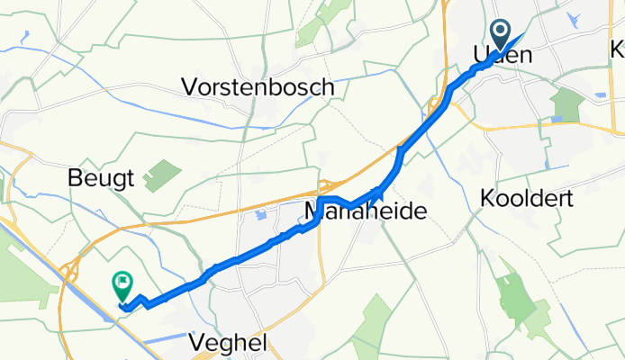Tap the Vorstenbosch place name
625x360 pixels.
[x=258, y=87]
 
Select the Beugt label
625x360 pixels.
[x=101, y=178]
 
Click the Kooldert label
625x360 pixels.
[x=528, y=198]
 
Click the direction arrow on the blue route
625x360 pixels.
[x=383, y=190]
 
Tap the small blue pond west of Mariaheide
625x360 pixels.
[x=259, y=216]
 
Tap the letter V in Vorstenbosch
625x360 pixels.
[x=190, y=87]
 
